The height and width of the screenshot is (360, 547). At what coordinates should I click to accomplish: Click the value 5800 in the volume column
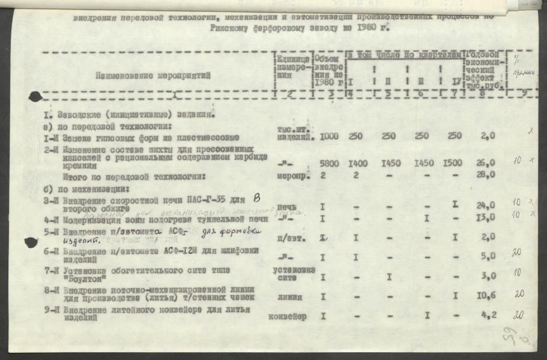click(x=330, y=164)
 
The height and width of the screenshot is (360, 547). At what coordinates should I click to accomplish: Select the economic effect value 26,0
click(x=486, y=163)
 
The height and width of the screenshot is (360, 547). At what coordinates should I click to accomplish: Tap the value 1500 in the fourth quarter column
click(x=455, y=164)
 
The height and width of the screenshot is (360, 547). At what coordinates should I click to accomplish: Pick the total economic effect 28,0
click(x=486, y=175)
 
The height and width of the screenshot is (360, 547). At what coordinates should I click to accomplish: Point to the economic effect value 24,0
click(x=486, y=206)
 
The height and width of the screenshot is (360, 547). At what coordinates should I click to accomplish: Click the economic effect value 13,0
click(x=486, y=218)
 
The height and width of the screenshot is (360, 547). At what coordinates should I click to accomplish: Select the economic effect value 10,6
click(x=486, y=296)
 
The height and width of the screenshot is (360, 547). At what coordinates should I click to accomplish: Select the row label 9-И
click(x=52, y=310)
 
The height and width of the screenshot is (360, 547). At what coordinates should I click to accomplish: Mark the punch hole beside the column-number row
click(x=35, y=96)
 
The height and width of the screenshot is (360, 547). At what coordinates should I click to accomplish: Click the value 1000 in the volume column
click(x=329, y=136)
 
